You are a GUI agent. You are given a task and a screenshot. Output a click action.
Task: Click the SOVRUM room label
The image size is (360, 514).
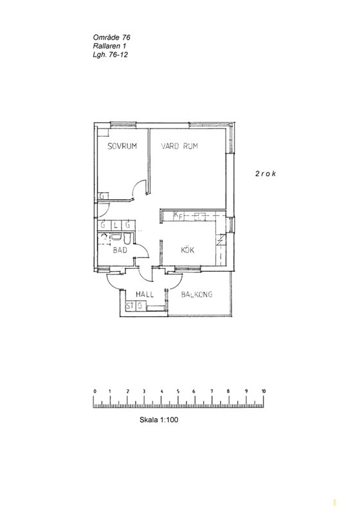[122, 146]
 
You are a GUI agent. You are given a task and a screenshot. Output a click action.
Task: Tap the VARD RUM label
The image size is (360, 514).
[179, 146]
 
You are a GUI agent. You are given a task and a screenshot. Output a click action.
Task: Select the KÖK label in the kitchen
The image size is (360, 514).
[188, 250]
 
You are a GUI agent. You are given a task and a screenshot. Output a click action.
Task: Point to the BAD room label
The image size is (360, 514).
[120, 250]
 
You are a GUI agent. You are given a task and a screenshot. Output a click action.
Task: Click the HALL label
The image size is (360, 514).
[145, 294]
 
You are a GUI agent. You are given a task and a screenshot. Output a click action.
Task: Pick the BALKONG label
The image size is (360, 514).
[197, 294]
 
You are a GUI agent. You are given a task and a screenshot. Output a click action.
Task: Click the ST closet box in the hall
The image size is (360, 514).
[130, 306]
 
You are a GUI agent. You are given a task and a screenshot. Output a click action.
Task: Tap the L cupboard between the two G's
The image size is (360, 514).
[116, 226]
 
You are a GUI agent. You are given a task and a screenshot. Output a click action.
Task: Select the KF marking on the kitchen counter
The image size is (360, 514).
[178, 215]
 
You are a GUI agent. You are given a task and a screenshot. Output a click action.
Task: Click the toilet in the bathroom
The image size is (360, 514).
[128, 238]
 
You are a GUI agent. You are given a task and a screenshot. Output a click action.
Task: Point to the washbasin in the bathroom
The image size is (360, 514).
[116, 237]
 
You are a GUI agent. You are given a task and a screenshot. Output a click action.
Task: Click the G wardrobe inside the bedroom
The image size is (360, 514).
[102, 196]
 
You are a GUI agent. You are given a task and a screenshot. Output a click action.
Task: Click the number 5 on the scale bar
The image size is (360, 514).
[178, 391]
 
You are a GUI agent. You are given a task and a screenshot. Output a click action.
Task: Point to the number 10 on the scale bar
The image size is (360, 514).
[264, 391]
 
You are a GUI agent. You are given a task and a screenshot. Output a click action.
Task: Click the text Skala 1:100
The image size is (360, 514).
[159, 420]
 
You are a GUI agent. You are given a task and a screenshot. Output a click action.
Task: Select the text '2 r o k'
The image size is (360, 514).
[265, 173]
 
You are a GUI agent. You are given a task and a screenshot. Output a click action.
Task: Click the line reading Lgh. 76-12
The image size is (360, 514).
[110, 55]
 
